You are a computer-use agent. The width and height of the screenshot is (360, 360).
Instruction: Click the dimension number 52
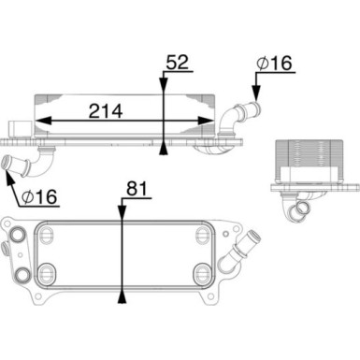(x=179, y=63)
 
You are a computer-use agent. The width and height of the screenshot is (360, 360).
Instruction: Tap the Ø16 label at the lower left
(x=39, y=197)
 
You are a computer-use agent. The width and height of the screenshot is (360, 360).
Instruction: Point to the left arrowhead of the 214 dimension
(x=37, y=122)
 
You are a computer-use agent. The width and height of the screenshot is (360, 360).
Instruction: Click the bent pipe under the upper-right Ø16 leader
(x=238, y=116)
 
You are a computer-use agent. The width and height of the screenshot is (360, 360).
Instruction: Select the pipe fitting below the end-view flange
(x=305, y=208)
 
